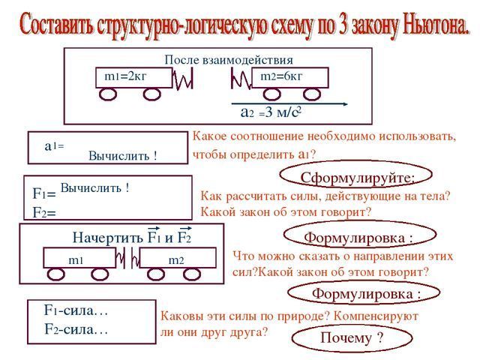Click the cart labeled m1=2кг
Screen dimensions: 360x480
pos(133,77)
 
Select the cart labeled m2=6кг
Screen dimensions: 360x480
pos(289,77)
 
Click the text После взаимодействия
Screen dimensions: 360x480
pos(228,60)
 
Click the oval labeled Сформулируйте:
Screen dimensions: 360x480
pos(346,177)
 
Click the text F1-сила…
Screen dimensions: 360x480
pos(76,310)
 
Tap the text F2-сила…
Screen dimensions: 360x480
pos(76,328)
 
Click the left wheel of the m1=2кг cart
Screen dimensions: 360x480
pos(107,94)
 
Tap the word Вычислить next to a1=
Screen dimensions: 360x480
pos(123,156)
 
